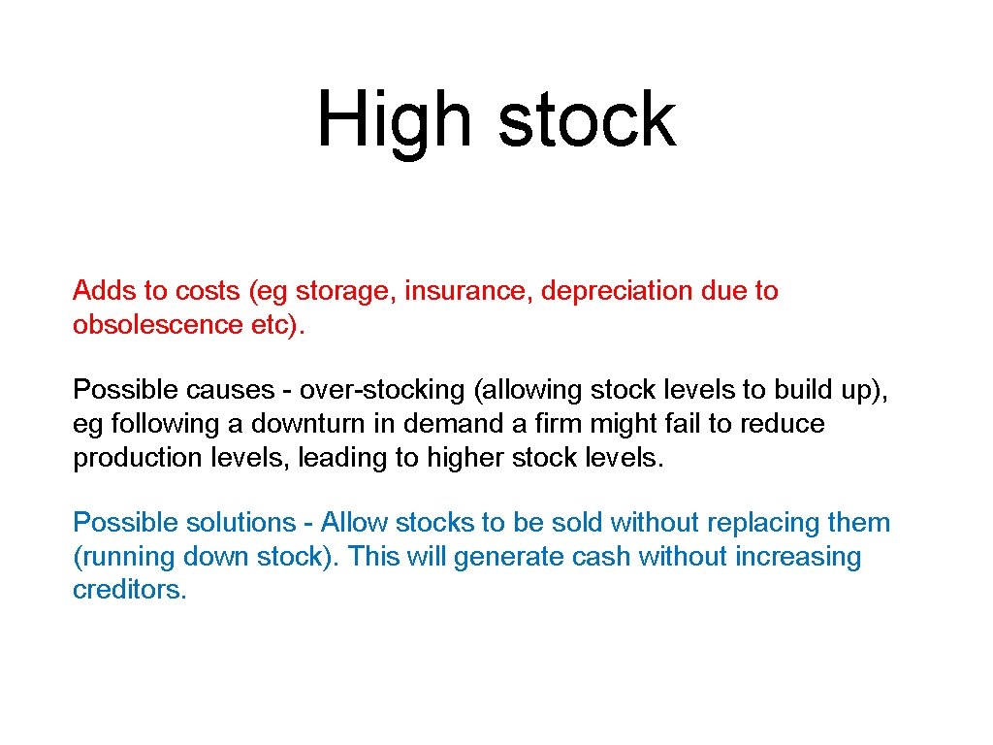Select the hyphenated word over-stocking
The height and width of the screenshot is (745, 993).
382,390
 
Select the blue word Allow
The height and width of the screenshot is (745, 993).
355,523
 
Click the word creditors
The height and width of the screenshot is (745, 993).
129,591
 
